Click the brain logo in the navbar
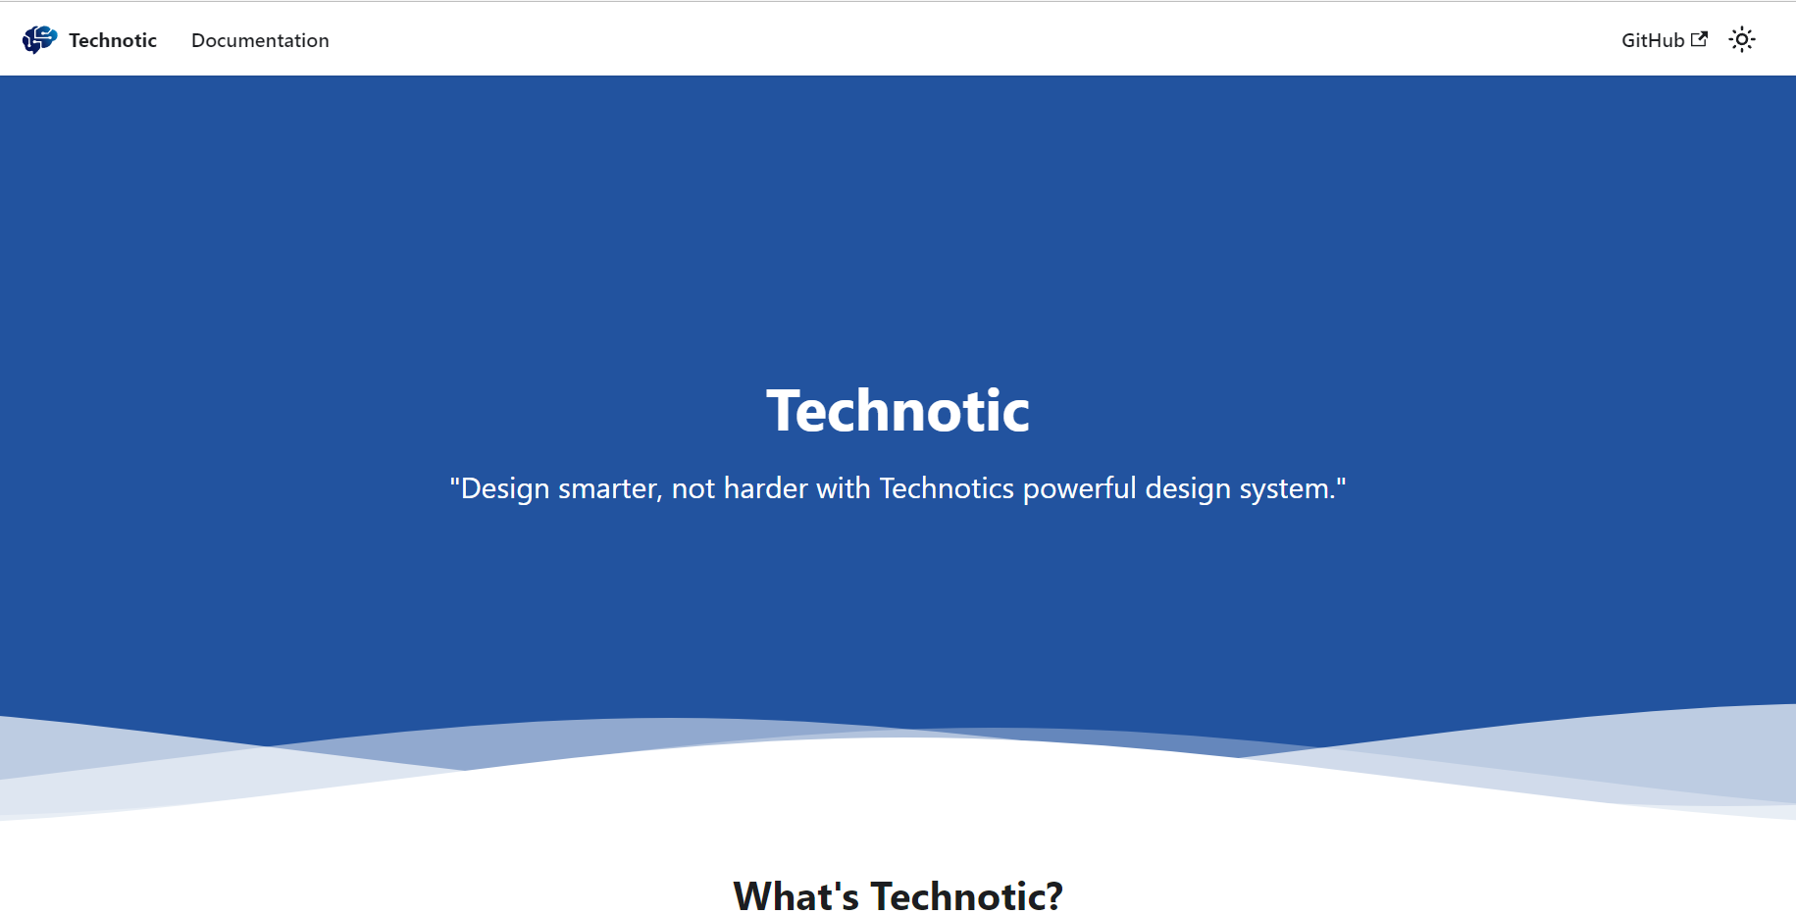[39, 39]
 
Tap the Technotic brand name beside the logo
[113, 40]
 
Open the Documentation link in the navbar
[260, 40]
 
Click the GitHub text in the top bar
[1653, 40]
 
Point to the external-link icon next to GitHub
[1700, 39]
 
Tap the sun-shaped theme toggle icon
[1742, 39]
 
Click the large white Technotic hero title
[898, 410]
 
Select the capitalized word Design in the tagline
[505, 488]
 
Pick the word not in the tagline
[693, 488]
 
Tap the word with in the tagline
[844, 488]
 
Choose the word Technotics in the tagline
[947, 488]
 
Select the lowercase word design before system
[1188, 488]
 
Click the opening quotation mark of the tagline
[455, 483]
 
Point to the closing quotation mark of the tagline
[1342, 483]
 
